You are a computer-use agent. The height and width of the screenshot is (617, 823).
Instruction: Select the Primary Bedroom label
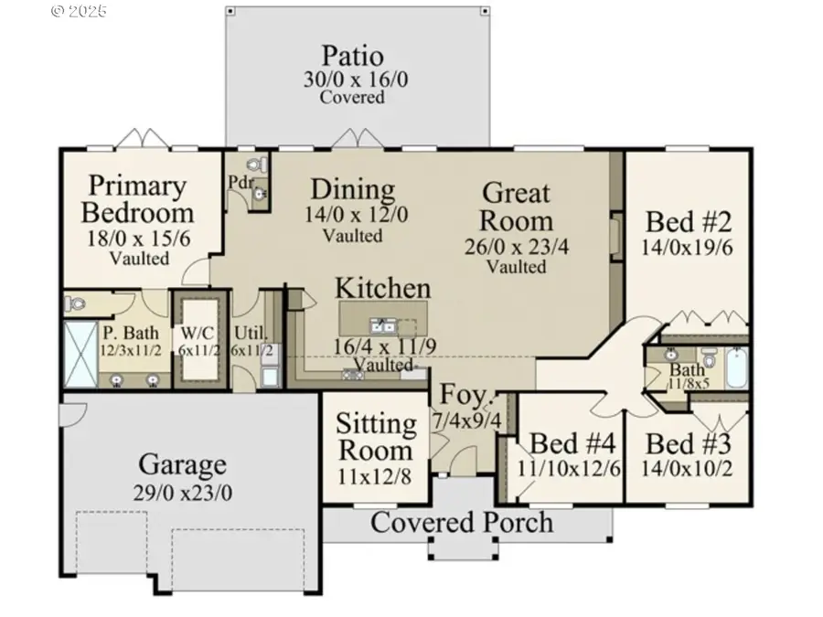click(x=137, y=199)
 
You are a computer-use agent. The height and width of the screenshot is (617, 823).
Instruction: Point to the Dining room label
click(x=352, y=190)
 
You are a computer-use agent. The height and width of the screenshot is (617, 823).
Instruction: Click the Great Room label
click(x=517, y=207)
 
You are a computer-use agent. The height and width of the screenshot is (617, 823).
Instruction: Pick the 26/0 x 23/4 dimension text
click(x=517, y=245)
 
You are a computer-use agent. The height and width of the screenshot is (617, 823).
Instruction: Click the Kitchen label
click(x=382, y=288)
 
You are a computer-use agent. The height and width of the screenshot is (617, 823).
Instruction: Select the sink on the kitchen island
click(x=381, y=324)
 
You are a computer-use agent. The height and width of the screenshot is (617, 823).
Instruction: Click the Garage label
click(x=183, y=465)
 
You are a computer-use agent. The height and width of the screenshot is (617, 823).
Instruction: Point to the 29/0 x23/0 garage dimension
click(x=183, y=491)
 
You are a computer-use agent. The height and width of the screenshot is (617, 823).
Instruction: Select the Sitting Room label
click(x=375, y=437)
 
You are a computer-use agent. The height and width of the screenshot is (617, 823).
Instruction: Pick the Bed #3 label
click(x=688, y=444)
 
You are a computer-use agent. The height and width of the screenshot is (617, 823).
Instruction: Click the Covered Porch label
click(x=462, y=522)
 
